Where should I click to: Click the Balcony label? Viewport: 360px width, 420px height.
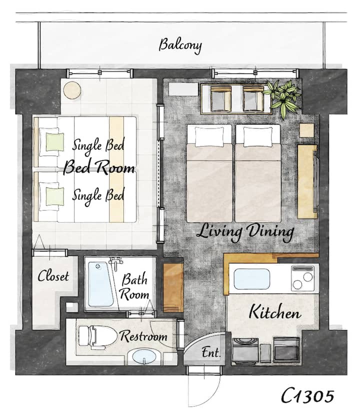click(180, 45)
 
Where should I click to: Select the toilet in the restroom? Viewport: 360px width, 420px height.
click(97, 337)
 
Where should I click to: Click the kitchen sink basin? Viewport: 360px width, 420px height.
click(251, 279)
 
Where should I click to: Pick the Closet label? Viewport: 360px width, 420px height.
click(53, 276)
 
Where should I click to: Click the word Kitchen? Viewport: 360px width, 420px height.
click(275, 312)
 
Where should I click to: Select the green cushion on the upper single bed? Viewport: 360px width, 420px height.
click(55, 142)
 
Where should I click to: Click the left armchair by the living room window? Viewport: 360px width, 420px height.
click(221, 98)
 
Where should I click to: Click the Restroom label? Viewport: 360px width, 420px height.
click(143, 336)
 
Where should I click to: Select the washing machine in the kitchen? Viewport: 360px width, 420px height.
click(245, 350)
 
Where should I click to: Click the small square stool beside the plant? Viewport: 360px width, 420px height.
click(306, 130)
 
